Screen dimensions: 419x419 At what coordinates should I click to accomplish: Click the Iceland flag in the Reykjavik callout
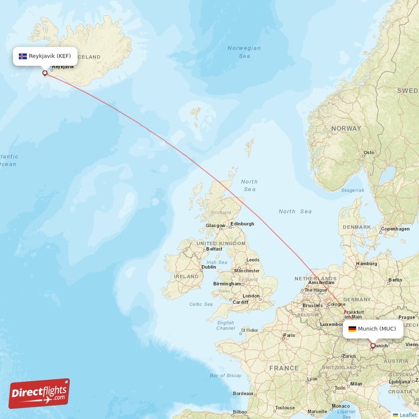coord(23,56)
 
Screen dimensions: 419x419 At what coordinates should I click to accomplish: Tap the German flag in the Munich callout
coord(352,329)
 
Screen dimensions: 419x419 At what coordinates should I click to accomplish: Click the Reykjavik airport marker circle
coord(45,73)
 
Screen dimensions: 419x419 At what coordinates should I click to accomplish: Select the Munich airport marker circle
coord(373,346)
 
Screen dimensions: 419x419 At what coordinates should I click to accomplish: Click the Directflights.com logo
coord(39,394)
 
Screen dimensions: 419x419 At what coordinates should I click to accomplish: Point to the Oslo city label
coord(369,153)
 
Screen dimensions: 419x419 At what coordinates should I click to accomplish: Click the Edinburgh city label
coord(242,224)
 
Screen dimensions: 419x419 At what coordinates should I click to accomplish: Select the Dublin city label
coord(208,267)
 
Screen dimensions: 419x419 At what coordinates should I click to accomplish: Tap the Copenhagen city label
coord(395,229)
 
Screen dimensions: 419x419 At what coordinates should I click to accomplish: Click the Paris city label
coord(289,335)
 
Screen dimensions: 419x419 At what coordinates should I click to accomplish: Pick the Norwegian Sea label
coord(244,52)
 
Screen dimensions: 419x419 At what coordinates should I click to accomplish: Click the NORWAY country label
coord(346,128)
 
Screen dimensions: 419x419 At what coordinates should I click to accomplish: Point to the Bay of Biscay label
coord(225,376)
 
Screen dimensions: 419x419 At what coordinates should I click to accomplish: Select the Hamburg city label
coord(367,263)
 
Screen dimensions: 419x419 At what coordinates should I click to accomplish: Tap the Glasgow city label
coord(215,226)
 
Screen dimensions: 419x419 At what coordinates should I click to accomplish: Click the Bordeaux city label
coord(244,393)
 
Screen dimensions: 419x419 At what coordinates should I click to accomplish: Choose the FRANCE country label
coord(284,368)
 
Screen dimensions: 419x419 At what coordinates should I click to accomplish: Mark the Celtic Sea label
coord(201,304)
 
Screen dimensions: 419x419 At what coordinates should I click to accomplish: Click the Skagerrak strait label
coord(352,191)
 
